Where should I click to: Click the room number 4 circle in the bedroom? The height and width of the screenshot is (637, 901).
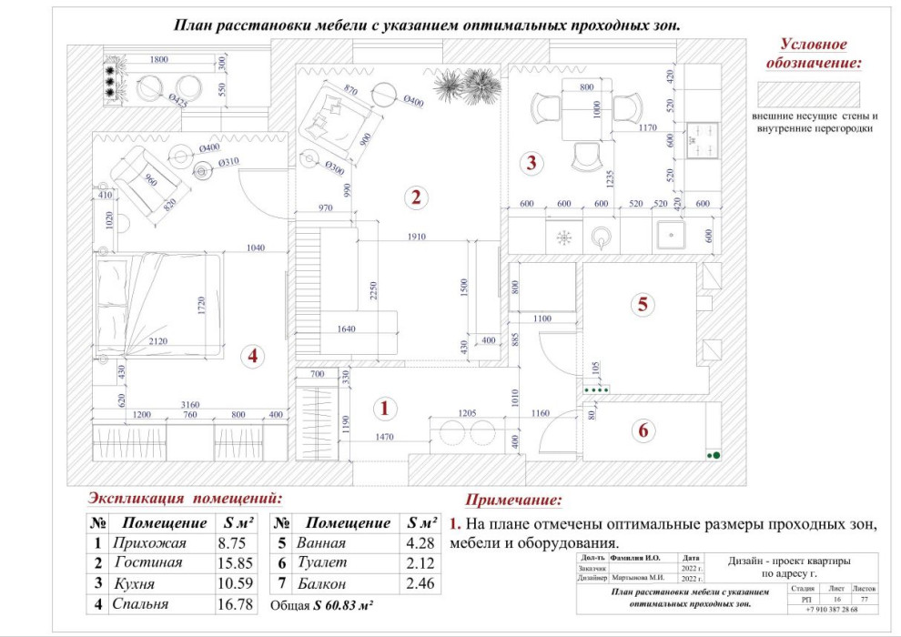click(252, 357)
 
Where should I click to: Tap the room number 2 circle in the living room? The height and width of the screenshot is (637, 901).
click(415, 197)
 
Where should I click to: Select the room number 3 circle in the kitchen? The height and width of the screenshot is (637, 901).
click(531, 164)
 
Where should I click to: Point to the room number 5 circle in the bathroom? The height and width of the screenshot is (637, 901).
click(643, 305)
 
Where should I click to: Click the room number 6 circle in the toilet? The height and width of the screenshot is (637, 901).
click(643, 430)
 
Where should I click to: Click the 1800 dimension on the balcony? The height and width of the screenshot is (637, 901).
click(158, 59)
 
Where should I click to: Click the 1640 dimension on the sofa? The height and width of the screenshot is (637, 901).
click(347, 329)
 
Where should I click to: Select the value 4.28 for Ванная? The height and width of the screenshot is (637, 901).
click(421, 543)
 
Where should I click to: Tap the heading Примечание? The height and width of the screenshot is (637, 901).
click(513, 500)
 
